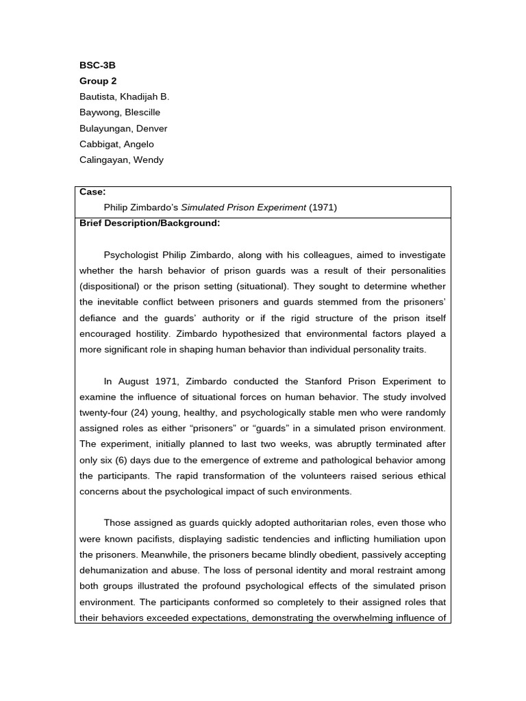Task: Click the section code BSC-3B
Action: [x=97, y=65]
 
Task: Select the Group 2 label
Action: [x=98, y=81]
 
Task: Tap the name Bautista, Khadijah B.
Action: [x=124, y=97]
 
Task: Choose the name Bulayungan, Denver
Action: [x=123, y=129]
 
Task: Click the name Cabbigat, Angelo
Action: [x=116, y=144]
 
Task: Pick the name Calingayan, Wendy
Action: [x=121, y=160]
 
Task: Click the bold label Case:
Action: [x=92, y=192]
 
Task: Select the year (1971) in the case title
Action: [x=323, y=207]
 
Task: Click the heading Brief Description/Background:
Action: [x=149, y=223]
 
